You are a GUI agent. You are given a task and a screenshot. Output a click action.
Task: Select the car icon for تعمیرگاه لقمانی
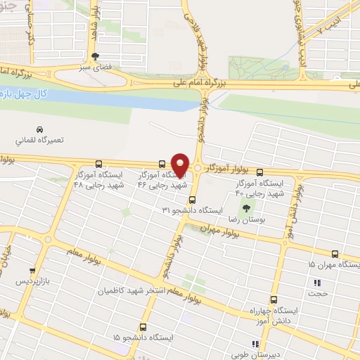pos(41,129)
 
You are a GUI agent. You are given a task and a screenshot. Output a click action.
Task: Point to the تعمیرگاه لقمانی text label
pos(41,140)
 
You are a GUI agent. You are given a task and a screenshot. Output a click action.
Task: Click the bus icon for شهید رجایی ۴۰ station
pos(259,172)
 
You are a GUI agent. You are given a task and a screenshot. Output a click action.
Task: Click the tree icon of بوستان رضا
pos(247,208)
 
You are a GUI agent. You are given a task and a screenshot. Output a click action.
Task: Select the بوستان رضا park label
pos(247,220)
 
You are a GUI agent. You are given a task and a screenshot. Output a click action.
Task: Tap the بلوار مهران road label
pos(216,229)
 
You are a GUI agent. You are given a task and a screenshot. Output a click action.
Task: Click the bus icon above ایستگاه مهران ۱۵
pos(335,254)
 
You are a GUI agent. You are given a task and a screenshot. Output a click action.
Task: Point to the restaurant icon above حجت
pos(316,283)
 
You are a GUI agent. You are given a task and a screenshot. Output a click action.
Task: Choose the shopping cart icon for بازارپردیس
pos(32,270)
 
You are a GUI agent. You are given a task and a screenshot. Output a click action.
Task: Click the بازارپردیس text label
pos(33,281)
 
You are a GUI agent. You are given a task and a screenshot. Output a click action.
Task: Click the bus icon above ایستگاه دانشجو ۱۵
pos(143,327)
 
